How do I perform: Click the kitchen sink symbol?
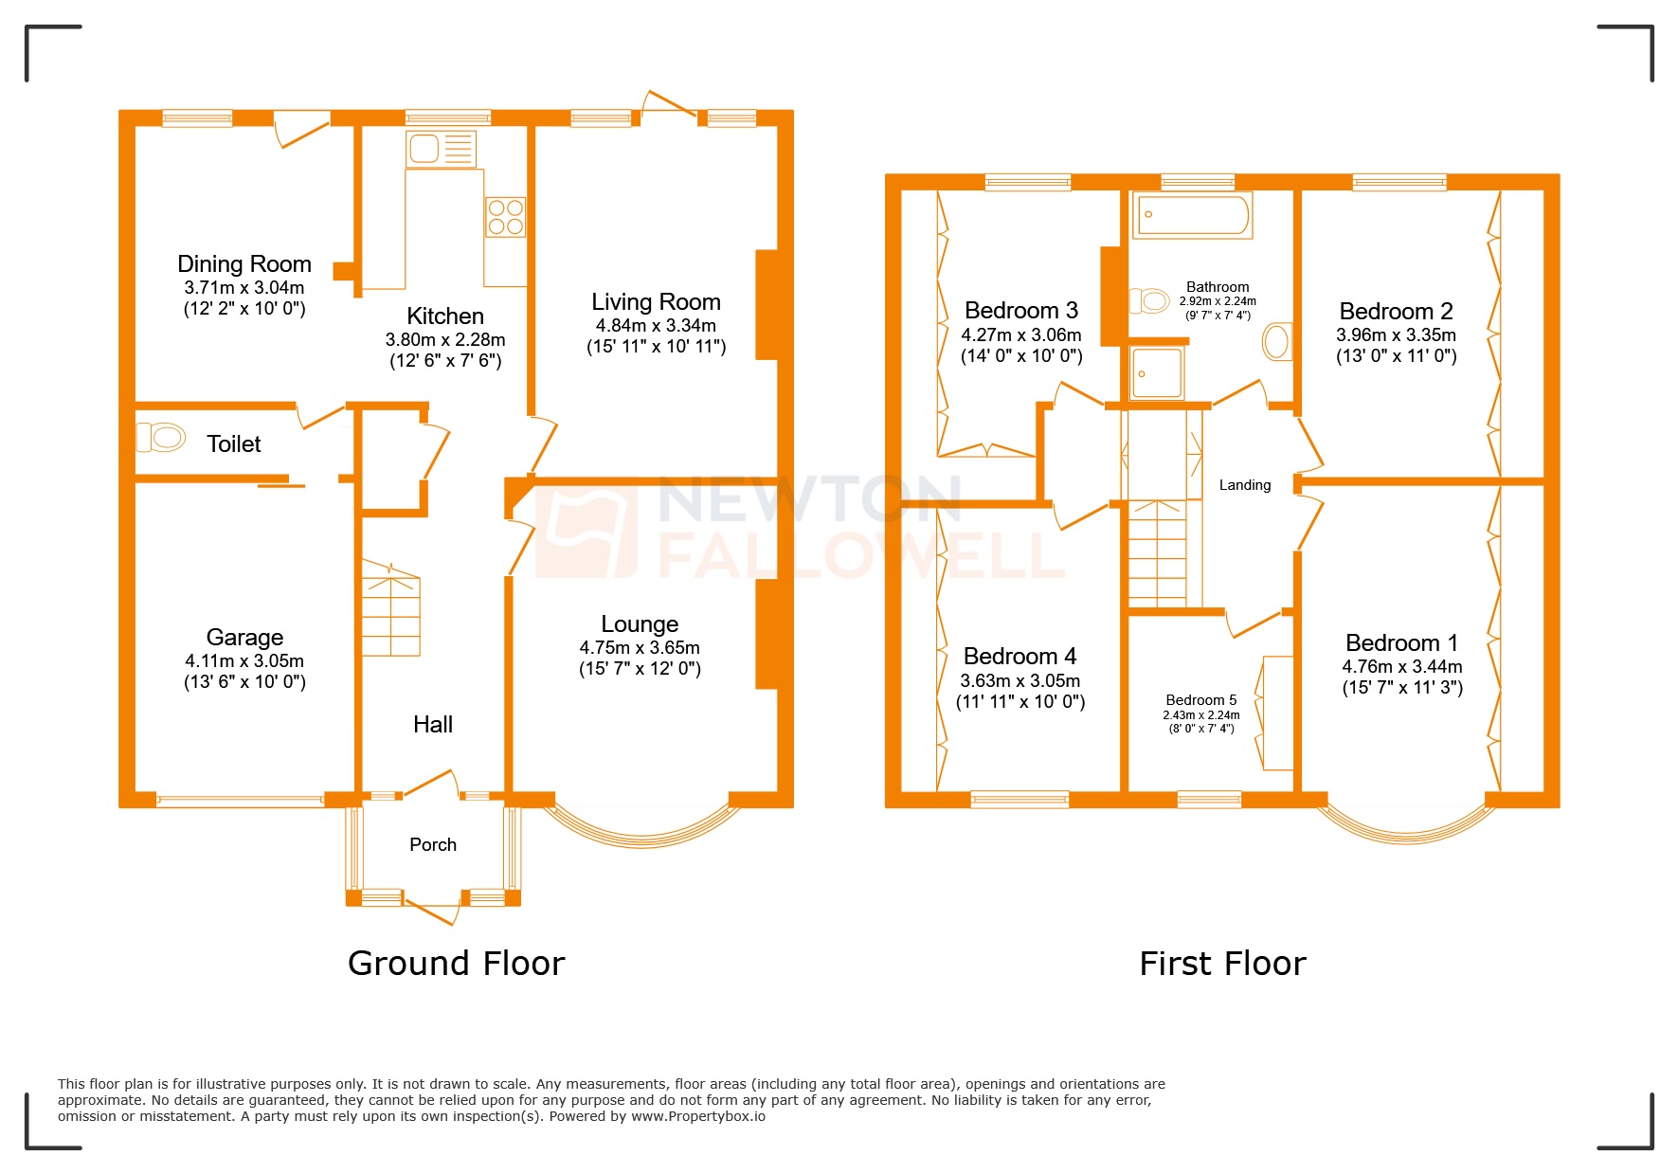[441, 149]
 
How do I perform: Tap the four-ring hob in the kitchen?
[505, 217]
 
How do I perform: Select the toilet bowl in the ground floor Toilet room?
[161, 437]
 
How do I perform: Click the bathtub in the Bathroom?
[1193, 215]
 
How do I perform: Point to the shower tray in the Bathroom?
[1157, 372]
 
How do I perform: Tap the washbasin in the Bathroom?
[1277, 342]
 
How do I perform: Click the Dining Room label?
[244, 263]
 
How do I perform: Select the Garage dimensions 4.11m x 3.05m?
[244, 660]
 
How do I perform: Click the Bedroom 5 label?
[1200, 699]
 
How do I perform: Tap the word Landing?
[1244, 485]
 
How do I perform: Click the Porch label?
[433, 844]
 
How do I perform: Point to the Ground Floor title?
[456, 963]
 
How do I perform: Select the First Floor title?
[1222, 964]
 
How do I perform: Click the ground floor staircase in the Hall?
[390, 611]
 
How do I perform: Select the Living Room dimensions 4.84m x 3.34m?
[656, 325]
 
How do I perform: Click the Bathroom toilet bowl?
[1149, 301]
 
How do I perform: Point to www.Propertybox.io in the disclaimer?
[698, 1116]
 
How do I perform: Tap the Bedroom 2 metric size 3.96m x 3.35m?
[1396, 334]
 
